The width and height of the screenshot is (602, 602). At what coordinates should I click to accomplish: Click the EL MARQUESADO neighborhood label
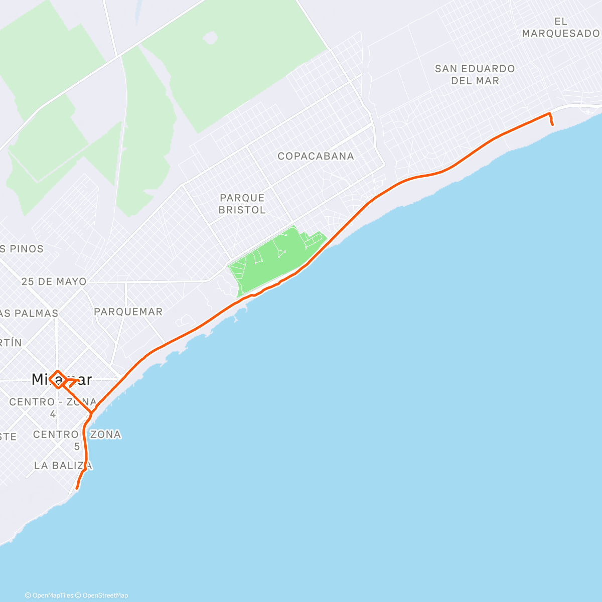(x=560, y=28)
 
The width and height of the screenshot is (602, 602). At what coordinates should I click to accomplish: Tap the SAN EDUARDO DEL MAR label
(x=475, y=74)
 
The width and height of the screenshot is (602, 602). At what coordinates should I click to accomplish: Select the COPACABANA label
(x=316, y=156)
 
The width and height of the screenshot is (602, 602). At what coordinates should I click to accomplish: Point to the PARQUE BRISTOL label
(x=242, y=204)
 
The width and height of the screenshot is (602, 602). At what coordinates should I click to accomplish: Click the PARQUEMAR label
(x=128, y=312)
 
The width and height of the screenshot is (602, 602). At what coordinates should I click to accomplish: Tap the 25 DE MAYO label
(x=54, y=281)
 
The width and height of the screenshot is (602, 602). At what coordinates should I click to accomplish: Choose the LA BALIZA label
(x=63, y=466)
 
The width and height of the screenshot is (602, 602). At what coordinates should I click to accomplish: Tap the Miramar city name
(x=61, y=379)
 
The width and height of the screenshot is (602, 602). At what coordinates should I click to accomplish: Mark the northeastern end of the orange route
(x=552, y=124)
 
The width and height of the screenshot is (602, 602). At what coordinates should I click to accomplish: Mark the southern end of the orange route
(x=77, y=488)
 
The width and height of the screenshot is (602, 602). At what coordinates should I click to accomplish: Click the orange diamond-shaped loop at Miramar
(x=57, y=379)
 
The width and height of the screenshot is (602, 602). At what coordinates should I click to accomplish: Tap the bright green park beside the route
(x=271, y=261)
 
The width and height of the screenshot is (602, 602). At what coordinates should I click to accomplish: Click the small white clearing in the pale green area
(x=211, y=38)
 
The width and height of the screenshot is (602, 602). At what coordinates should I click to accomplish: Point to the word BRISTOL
(x=242, y=210)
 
